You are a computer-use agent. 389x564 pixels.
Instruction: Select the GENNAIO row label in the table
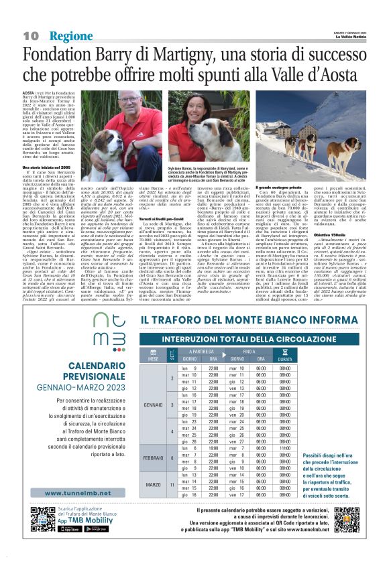click(154, 405)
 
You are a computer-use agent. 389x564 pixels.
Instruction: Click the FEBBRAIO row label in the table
click(154, 457)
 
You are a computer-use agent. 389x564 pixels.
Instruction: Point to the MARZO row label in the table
click(154, 484)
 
